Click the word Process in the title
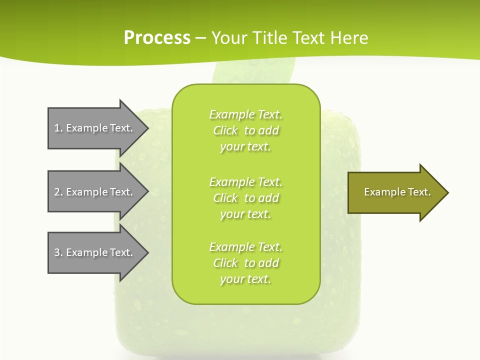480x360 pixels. point(157,38)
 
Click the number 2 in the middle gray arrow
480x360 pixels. point(57,192)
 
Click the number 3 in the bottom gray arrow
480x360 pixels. point(57,252)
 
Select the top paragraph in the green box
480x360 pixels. point(245,130)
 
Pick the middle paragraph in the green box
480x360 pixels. point(245,198)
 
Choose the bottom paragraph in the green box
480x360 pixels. point(245,263)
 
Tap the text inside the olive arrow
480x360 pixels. point(397,192)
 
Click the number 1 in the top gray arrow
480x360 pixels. point(57,128)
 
